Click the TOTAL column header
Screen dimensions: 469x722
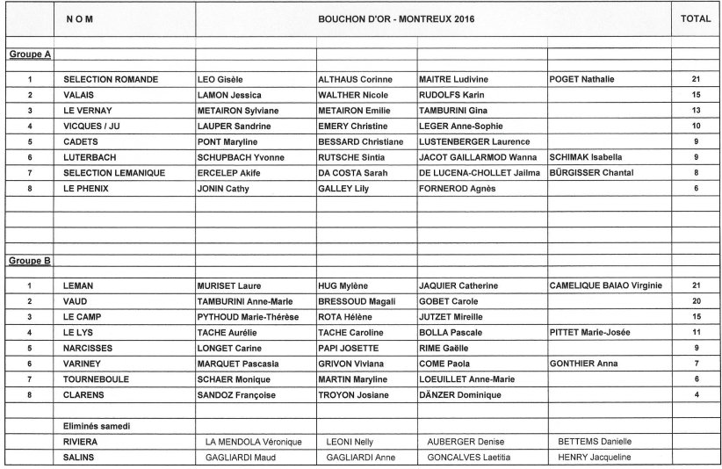coord(696,18)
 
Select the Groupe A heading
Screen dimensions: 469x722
coord(29,54)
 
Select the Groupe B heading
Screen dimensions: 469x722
coord(29,261)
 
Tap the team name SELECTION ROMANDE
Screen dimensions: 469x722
coord(111,80)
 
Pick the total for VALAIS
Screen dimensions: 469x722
coord(696,95)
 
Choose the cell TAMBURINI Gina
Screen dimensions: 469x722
coord(453,111)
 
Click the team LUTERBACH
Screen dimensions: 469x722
coord(92,157)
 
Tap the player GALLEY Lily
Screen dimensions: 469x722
coord(342,189)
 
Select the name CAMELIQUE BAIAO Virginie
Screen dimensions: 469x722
coord(605,285)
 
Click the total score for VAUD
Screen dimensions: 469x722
coord(696,301)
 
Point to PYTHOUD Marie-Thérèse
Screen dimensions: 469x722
coord(248,316)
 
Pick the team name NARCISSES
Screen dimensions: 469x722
coord(91,348)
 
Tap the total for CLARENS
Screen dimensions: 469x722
coord(696,395)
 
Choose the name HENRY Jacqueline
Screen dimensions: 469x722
coord(595,458)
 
